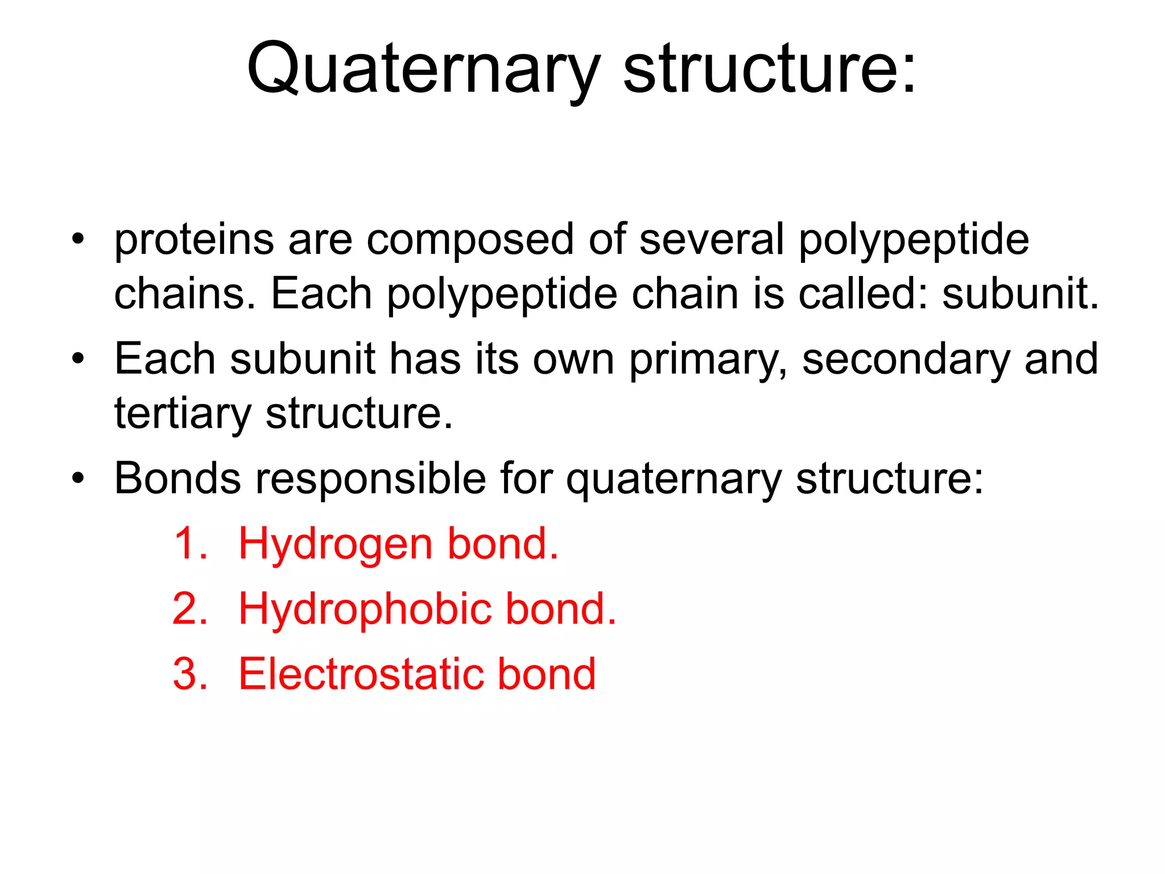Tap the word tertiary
point(183,414)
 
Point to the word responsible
point(370,480)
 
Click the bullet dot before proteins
point(78,238)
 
